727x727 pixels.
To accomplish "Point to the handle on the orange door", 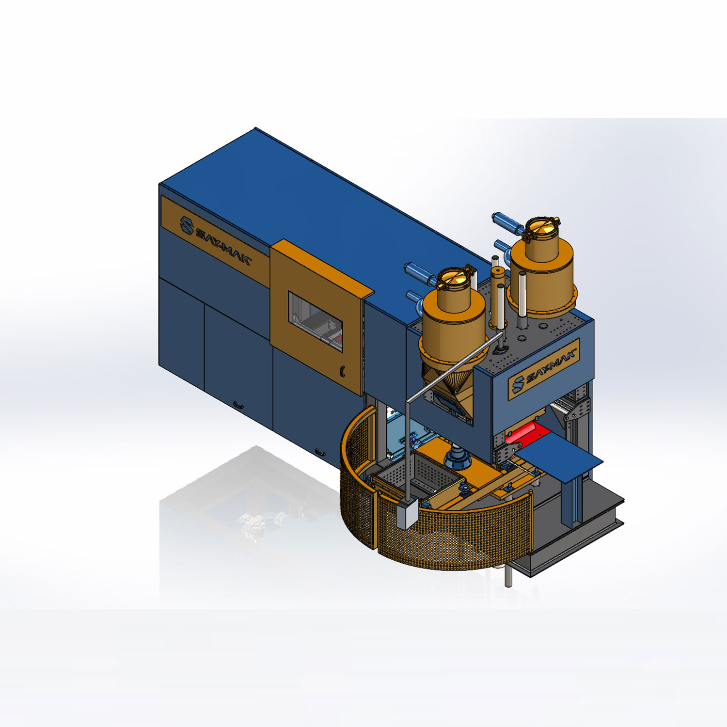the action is tap(342, 371).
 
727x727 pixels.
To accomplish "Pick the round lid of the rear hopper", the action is tap(542, 227).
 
